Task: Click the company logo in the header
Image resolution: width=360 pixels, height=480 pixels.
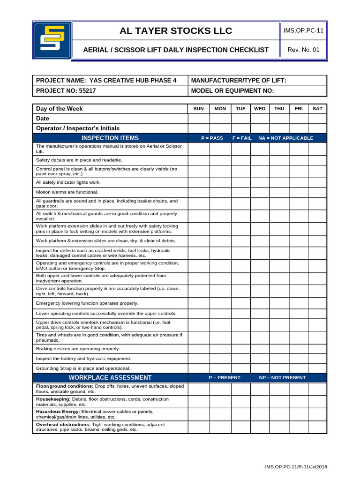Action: [52, 40]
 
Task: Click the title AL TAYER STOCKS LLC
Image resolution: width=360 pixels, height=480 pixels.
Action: [176, 31]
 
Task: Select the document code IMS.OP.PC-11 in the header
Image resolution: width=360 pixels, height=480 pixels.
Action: [303, 30]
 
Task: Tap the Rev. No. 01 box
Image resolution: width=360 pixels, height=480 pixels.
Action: [303, 50]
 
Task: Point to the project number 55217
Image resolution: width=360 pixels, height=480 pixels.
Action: [87, 91]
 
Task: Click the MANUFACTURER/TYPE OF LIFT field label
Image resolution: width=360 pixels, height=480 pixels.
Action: [239, 81]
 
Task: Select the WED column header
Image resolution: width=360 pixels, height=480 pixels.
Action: [260, 109]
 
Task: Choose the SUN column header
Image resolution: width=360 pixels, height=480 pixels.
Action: [199, 109]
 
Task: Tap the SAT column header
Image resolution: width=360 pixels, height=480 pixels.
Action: [317, 109]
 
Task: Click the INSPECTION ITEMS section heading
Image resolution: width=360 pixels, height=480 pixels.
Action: [110, 138]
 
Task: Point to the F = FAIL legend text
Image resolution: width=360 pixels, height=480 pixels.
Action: [242, 138]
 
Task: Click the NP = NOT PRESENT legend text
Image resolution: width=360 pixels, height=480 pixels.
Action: [282, 377]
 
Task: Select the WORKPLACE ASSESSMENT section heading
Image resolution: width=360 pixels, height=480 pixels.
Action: [110, 377]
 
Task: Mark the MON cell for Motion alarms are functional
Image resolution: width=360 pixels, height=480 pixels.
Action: [220, 192]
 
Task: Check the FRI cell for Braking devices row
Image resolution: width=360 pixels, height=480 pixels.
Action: [299, 349]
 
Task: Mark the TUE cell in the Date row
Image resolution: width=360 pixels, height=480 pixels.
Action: [240, 119]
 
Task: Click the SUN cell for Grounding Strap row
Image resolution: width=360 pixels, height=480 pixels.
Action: [199, 368]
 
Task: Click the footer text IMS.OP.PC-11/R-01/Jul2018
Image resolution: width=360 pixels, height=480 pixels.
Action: [296, 467]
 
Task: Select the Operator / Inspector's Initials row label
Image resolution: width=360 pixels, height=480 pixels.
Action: [78, 128]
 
